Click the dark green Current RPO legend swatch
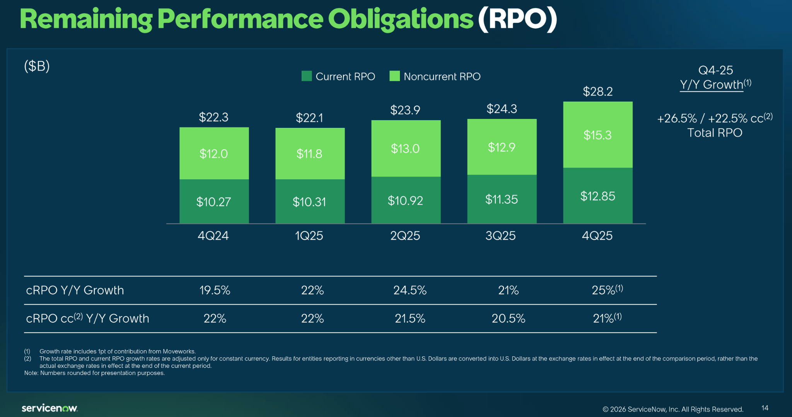pos(306,76)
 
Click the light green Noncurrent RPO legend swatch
pos(394,76)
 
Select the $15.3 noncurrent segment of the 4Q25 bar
pos(597,135)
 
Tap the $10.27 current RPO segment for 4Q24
pos(213,201)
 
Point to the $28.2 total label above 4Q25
pos(597,92)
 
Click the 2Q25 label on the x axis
pos(405,236)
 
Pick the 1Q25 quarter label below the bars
pos(309,236)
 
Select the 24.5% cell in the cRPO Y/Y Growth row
pos(410,290)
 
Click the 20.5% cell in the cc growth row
pos(508,318)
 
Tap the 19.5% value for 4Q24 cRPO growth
pos(215,290)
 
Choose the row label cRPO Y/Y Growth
pos(75,290)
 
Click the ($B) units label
pos(37,66)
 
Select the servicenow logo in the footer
pos(49,408)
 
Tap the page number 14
pos(765,408)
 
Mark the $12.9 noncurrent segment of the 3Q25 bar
pos(502,147)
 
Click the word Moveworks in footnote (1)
pos(179,351)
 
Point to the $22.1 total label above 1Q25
pos(309,117)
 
